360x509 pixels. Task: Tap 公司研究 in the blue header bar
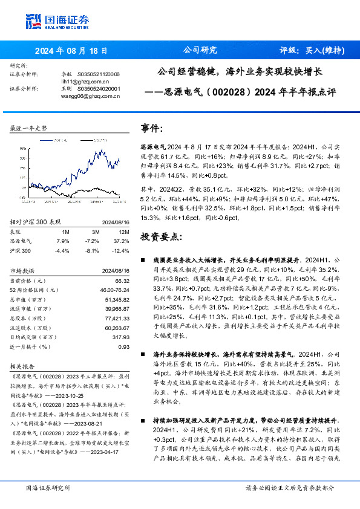point(200,51)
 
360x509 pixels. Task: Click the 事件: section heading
point(151,128)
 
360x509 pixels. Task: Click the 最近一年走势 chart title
point(28,129)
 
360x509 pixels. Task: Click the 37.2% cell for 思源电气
point(123,241)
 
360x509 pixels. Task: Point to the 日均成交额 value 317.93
point(121,337)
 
